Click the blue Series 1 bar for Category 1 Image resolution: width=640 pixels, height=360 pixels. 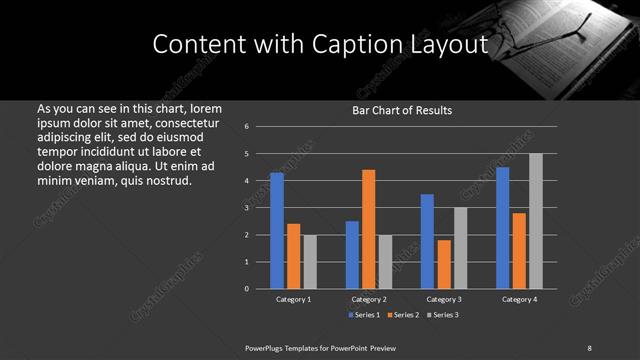[x=277, y=231]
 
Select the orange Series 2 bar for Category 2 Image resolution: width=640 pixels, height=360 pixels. [x=369, y=229]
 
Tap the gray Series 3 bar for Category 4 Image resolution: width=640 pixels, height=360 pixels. [x=536, y=221]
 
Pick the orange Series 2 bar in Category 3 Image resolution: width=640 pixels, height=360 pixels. [x=444, y=264]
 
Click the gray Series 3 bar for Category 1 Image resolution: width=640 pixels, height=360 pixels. [x=310, y=262]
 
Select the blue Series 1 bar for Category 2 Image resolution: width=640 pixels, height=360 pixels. [x=352, y=255]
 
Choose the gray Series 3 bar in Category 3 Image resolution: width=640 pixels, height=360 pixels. [x=461, y=248]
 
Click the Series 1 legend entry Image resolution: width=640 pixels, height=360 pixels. [x=364, y=315]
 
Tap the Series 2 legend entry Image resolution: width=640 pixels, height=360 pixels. [x=404, y=315]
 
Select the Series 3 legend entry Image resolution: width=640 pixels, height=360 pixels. [x=444, y=315]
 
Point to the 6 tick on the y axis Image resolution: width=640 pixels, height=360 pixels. [x=247, y=127]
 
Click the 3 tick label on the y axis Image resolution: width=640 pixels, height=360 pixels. [x=247, y=208]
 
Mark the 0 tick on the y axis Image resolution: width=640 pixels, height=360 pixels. [x=247, y=289]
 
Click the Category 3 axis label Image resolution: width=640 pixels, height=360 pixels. [x=444, y=299]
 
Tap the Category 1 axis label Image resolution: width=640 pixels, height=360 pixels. [x=294, y=299]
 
